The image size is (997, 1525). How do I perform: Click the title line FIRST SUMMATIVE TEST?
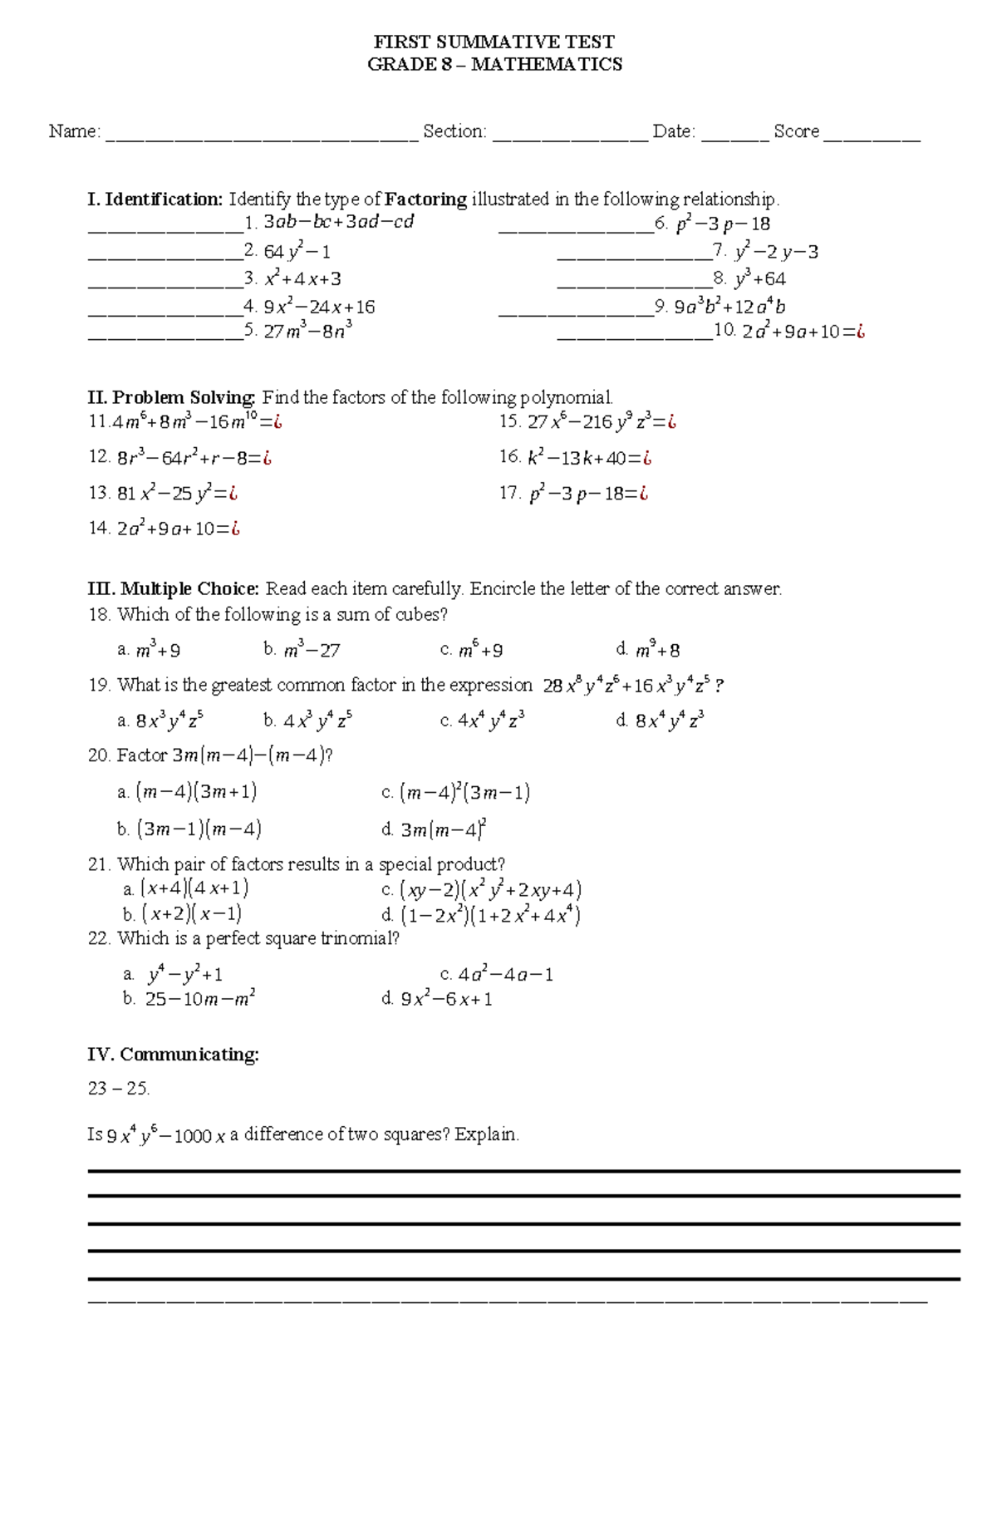494,42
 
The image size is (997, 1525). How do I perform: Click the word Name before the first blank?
72,131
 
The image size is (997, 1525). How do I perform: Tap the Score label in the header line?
796,131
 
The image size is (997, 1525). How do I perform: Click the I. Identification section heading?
155,199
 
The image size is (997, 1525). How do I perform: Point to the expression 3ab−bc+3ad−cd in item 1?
338,222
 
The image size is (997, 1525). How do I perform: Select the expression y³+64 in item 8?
759,279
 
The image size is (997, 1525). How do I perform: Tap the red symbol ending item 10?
860,332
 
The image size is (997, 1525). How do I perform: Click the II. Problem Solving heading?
171,397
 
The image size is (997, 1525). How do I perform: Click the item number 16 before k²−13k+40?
508,457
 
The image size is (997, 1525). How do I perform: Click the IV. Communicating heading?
173,1055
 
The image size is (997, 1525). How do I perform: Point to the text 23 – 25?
118,1088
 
